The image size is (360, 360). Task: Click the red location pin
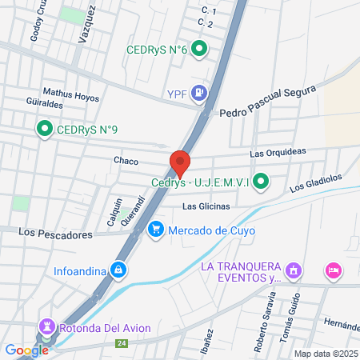pyautogui.click(x=180, y=163)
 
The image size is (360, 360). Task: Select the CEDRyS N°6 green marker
pyautogui.click(x=202, y=50)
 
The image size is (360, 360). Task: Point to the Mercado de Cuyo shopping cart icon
pyautogui.click(x=156, y=232)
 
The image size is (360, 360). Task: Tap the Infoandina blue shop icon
pyautogui.click(x=118, y=270)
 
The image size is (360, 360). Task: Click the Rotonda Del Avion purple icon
pyautogui.click(x=46, y=326)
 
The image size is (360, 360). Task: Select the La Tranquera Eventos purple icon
pyautogui.click(x=294, y=272)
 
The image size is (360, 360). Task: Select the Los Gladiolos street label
pyautogui.click(x=316, y=182)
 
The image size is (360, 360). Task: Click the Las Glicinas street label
pyautogui.click(x=206, y=206)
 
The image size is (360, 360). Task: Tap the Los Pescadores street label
pyautogui.click(x=56, y=233)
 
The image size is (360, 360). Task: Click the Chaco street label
pyautogui.click(x=126, y=161)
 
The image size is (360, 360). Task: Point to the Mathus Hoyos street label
pyautogui.click(x=71, y=92)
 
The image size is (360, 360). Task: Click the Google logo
pyautogui.click(x=26, y=350)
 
